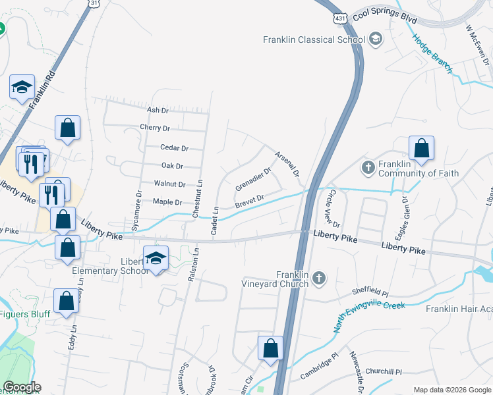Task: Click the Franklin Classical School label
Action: (x=314, y=39)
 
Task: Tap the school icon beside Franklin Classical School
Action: (x=376, y=39)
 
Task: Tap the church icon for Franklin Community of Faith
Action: (x=368, y=168)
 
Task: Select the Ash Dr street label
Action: (x=158, y=110)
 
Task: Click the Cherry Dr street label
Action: (x=155, y=128)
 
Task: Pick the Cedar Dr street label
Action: (x=174, y=148)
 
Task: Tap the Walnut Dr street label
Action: (x=169, y=184)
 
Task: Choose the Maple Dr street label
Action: (x=167, y=201)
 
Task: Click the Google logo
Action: (x=21, y=387)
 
